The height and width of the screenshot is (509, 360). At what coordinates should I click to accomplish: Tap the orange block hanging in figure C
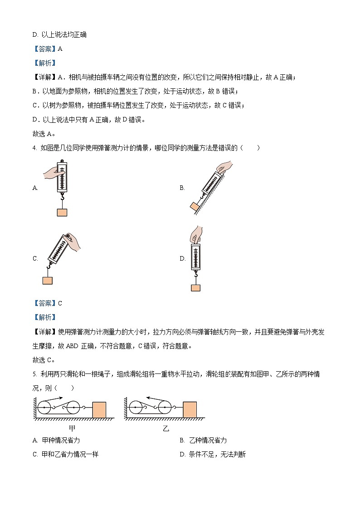pyautogui.click(x=48, y=281)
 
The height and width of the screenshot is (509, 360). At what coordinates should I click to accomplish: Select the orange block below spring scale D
pyautogui.click(x=195, y=287)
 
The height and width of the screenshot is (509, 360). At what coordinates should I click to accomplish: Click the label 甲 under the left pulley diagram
pyautogui.click(x=72, y=428)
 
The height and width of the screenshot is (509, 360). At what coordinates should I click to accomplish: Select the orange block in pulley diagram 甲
pyautogui.click(x=99, y=410)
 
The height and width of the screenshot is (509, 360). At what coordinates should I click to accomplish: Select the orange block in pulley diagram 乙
pyautogui.click(x=190, y=409)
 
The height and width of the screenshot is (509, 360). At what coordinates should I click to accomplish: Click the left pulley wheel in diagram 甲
pyautogui.click(x=44, y=408)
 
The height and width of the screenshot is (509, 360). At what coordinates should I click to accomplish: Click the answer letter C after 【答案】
pyautogui.click(x=60, y=303)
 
